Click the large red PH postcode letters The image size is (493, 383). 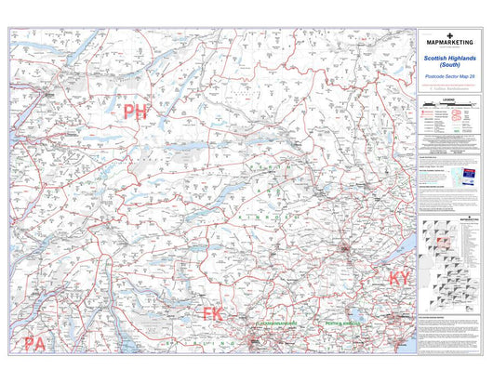136,112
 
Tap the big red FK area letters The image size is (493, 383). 213,314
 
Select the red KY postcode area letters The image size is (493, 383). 399,279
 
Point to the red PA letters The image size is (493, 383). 35,345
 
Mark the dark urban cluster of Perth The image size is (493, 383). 349,249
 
